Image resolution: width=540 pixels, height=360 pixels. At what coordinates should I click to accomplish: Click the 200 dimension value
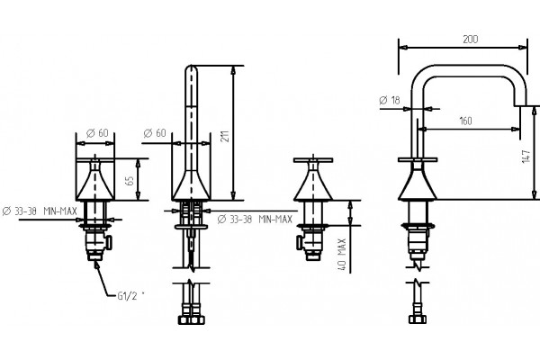pyautogui.click(x=470, y=40)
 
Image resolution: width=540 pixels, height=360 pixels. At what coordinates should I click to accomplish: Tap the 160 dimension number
pyautogui.click(x=465, y=121)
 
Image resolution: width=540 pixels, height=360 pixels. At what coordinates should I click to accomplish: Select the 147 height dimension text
pyautogui.click(x=526, y=156)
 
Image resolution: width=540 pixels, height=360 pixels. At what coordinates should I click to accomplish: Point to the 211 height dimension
pyautogui.click(x=225, y=137)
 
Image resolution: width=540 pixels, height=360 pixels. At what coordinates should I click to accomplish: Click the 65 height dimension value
pyautogui.click(x=130, y=180)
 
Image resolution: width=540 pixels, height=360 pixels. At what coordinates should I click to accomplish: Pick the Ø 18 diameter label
pyautogui.click(x=390, y=100)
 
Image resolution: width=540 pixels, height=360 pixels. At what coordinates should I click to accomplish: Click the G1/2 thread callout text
pyautogui.click(x=128, y=295)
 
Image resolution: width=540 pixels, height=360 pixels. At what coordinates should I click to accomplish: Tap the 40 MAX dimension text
pyautogui.click(x=342, y=254)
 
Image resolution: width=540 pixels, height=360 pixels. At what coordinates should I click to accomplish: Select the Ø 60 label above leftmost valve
pyautogui.click(x=97, y=132)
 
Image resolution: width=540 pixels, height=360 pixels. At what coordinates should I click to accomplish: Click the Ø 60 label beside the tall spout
pyautogui.click(x=155, y=132)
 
